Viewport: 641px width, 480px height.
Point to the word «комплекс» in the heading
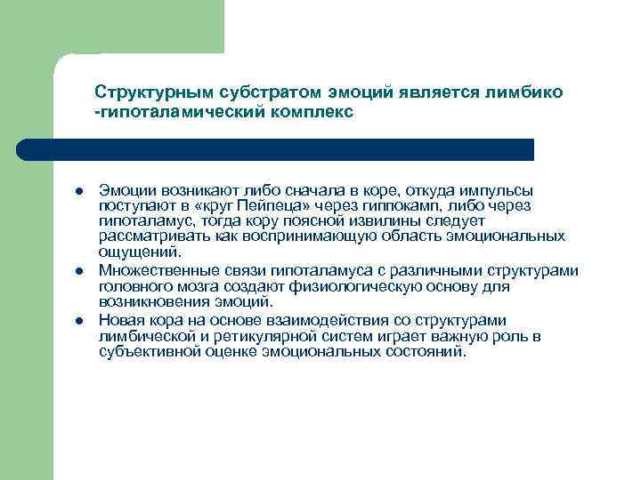click(310, 113)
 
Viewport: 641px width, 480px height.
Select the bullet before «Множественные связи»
click(78, 271)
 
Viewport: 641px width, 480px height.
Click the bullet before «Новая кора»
click(78, 321)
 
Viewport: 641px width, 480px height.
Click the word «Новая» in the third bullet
click(118, 320)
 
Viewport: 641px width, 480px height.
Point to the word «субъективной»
click(147, 351)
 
